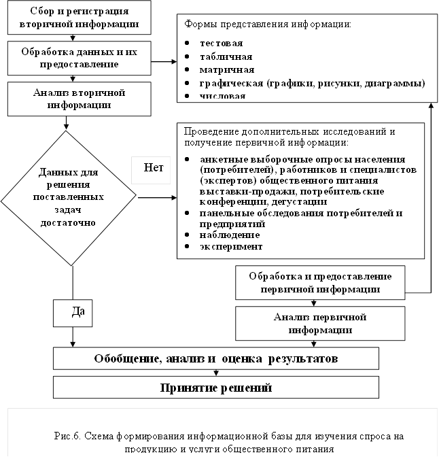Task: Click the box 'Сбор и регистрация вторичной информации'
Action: (x=80, y=18)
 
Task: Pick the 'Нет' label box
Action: (x=152, y=168)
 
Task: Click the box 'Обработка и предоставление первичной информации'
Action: (x=319, y=283)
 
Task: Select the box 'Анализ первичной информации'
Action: (x=319, y=324)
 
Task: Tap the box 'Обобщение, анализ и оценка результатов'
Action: (x=216, y=358)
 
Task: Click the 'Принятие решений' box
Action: (x=216, y=388)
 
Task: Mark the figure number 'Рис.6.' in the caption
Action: (x=69, y=436)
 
